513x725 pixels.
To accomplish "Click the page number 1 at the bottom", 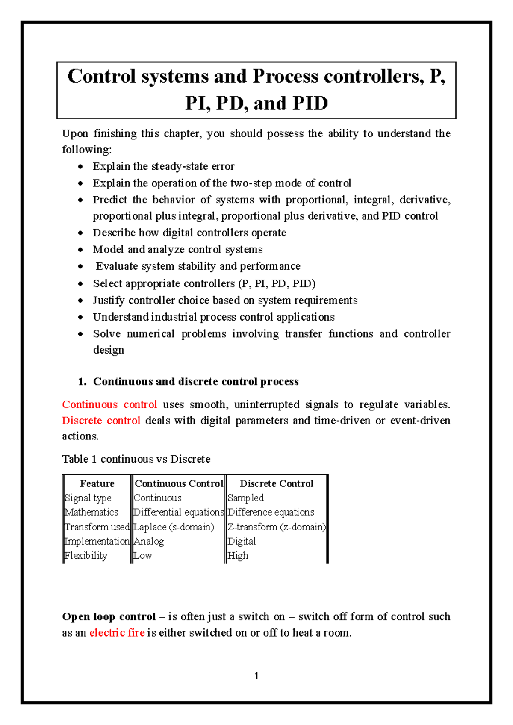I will click(x=256, y=676).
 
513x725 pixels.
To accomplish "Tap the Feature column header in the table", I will click(x=97, y=483).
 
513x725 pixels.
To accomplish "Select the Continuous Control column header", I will click(x=179, y=483).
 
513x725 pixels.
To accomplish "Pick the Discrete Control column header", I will click(x=276, y=483).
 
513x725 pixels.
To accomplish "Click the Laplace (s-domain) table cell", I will click(x=174, y=527).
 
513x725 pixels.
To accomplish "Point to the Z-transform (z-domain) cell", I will click(x=276, y=527).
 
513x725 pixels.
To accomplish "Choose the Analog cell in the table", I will click(x=149, y=541).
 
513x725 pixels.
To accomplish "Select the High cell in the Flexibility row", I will click(x=238, y=556).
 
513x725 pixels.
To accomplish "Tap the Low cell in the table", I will click(x=143, y=556).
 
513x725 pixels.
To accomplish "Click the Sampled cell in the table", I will click(x=245, y=498).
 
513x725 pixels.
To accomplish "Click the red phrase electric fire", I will click(x=117, y=633).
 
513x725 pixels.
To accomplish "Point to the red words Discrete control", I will click(x=101, y=421).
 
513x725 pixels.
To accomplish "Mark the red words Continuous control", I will click(x=109, y=404).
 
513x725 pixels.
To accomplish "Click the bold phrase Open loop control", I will click(x=109, y=616).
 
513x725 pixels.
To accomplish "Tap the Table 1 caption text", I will click(x=136, y=459).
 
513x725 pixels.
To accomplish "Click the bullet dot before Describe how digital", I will click(x=80, y=233).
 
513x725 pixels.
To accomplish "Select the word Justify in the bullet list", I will click(x=109, y=301).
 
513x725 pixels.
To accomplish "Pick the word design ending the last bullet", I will click(x=109, y=350).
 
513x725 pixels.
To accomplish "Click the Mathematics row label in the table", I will click(x=91, y=512).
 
